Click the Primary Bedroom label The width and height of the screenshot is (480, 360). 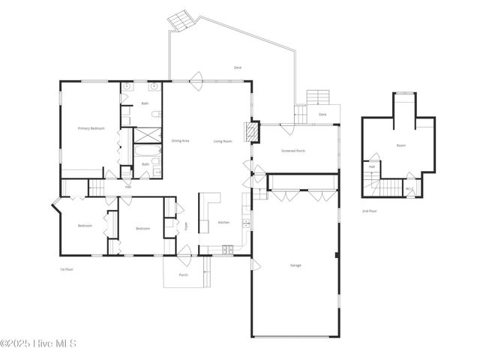(91, 128)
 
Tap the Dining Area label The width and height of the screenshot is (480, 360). (180, 141)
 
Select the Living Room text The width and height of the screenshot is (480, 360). (223, 141)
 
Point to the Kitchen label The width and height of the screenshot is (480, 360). (223, 223)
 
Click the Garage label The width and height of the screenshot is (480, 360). (295, 265)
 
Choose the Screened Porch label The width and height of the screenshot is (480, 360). (293, 151)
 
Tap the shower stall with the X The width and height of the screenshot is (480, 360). (147, 136)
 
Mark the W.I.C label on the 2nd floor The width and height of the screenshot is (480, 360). (410, 189)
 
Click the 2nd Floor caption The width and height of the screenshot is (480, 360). (370, 211)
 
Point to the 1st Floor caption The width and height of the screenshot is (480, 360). (67, 269)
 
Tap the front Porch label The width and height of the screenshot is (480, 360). (184, 275)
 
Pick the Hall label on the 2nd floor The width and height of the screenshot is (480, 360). (371, 166)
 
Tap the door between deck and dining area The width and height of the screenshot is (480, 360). (197, 77)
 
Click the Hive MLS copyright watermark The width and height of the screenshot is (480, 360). (39, 344)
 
